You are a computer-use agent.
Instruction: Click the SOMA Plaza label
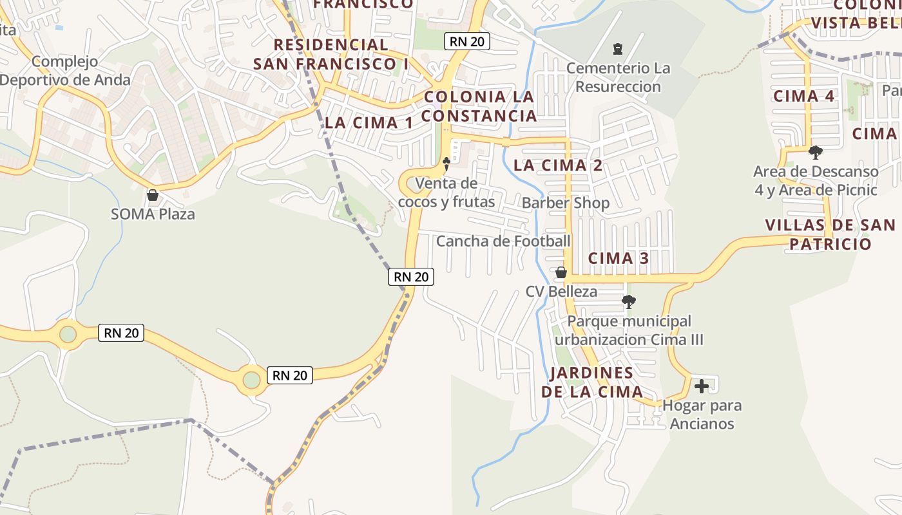click(153, 214)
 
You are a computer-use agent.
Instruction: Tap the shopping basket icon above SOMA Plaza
click(153, 194)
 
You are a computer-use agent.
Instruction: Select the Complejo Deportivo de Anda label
click(65, 71)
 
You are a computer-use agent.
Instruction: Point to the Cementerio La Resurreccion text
click(618, 77)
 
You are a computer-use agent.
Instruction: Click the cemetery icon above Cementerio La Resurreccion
click(618, 48)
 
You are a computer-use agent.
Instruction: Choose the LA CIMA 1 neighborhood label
click(369, 122)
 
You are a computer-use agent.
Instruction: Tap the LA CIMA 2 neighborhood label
click(558, 165)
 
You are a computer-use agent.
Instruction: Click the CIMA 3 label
click(619, 258)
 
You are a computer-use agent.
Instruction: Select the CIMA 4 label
click(804, 96)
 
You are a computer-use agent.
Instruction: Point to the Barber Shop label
click(566, 203)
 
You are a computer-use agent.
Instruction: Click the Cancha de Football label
click(503, 241)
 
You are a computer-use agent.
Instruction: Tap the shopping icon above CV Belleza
click(561, 272)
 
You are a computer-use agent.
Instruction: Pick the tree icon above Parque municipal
click(629, 301)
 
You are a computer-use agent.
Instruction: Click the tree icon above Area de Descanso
click(816, 153)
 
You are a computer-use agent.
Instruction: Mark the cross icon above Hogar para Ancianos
click(702, 386)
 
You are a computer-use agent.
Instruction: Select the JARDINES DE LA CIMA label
click(592, 382)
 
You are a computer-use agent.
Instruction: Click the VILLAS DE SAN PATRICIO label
click(830, 234)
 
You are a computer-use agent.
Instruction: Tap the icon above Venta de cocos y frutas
click(446, 164)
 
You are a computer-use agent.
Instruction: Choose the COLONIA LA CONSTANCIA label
click(479, 106)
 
